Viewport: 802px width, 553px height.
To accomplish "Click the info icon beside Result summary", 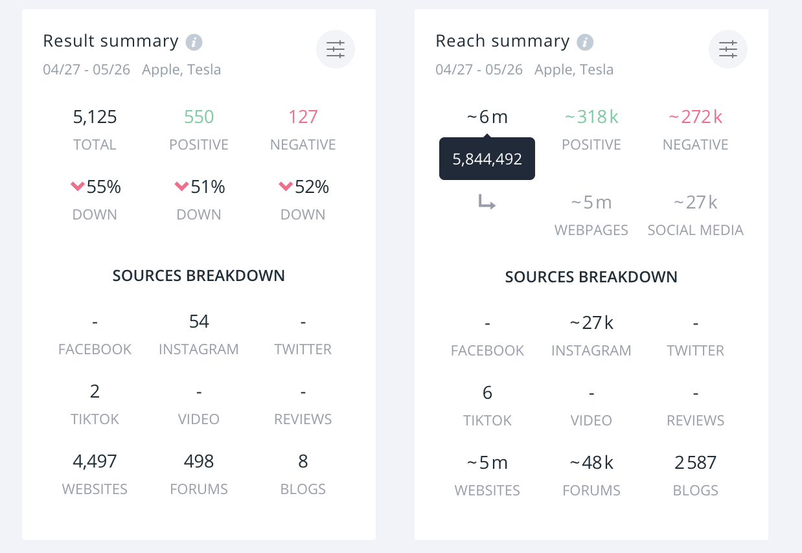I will pyautogui.click(x=194, y=43).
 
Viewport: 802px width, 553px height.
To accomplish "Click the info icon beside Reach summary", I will pyautogui.click(x=585, y=43).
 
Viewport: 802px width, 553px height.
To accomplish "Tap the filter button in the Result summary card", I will pyautogui.click(x=336, y=49).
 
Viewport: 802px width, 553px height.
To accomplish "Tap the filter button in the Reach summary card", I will pyautogui.click(x=728, y=49).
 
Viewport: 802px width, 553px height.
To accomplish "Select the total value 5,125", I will pyautogui.click(x=95, y=117).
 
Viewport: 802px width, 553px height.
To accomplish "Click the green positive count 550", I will pyautogui.click(x=199, y=117).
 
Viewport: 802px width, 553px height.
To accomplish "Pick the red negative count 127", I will pyautogui.click(x=303, y=117).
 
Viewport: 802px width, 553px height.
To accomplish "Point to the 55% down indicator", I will pyautogui.click(x=95, y=187).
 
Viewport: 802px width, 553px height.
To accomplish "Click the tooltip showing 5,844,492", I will pyautogui.click(x=487, y=159).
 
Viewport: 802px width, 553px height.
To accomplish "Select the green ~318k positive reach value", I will pyautogui.click(x=591, y=117).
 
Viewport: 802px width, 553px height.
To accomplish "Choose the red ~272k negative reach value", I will pyautogui.click(x=696, y=117).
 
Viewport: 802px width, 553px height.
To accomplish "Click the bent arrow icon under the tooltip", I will pyautogui.click(x=487, y=203).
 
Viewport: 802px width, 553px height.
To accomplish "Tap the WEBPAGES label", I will pyautogui.click(x=591, y=230).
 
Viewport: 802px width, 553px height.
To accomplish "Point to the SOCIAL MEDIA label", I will pyautogui.click(x=696, y=230).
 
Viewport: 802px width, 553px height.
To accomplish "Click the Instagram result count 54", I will pyautogui.click(x=199, y=322).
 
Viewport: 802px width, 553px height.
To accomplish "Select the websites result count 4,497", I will pyautogui.click(x=95, y=462).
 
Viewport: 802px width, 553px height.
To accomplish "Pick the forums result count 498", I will pyautogui.click(x=199, y=462).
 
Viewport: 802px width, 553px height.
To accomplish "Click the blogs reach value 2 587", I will pyautogui.click(x=696, y=463).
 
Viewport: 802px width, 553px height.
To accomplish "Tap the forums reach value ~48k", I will pyautogui.click(x=591, y=463).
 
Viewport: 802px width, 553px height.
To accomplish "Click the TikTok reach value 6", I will pyautogui.click(x=487, y=393).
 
